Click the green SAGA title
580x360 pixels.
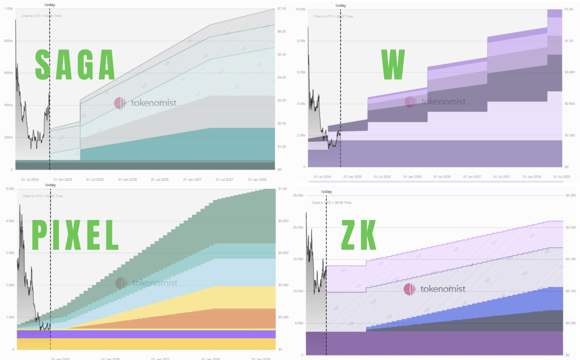(x=75, y=65)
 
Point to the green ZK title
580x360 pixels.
(x=359, y=235)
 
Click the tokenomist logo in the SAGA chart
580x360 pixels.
(x=145, y=103)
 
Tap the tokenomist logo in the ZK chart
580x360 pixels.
(x=435, y=289)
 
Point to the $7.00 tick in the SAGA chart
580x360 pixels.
(x=281, y=9)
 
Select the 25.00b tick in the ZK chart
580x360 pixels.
(x=298, y=195)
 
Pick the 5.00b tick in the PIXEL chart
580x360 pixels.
(x=9, y=189)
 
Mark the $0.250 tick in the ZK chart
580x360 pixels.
(x=570, y=195)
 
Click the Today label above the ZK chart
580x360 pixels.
(x=327, y=192)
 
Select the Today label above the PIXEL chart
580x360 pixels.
(x=51, y=185)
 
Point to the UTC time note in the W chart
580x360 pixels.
(x=333, y=16)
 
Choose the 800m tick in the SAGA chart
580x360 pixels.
(x=8, y=41)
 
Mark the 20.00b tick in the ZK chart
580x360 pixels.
(x=298, y=227)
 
